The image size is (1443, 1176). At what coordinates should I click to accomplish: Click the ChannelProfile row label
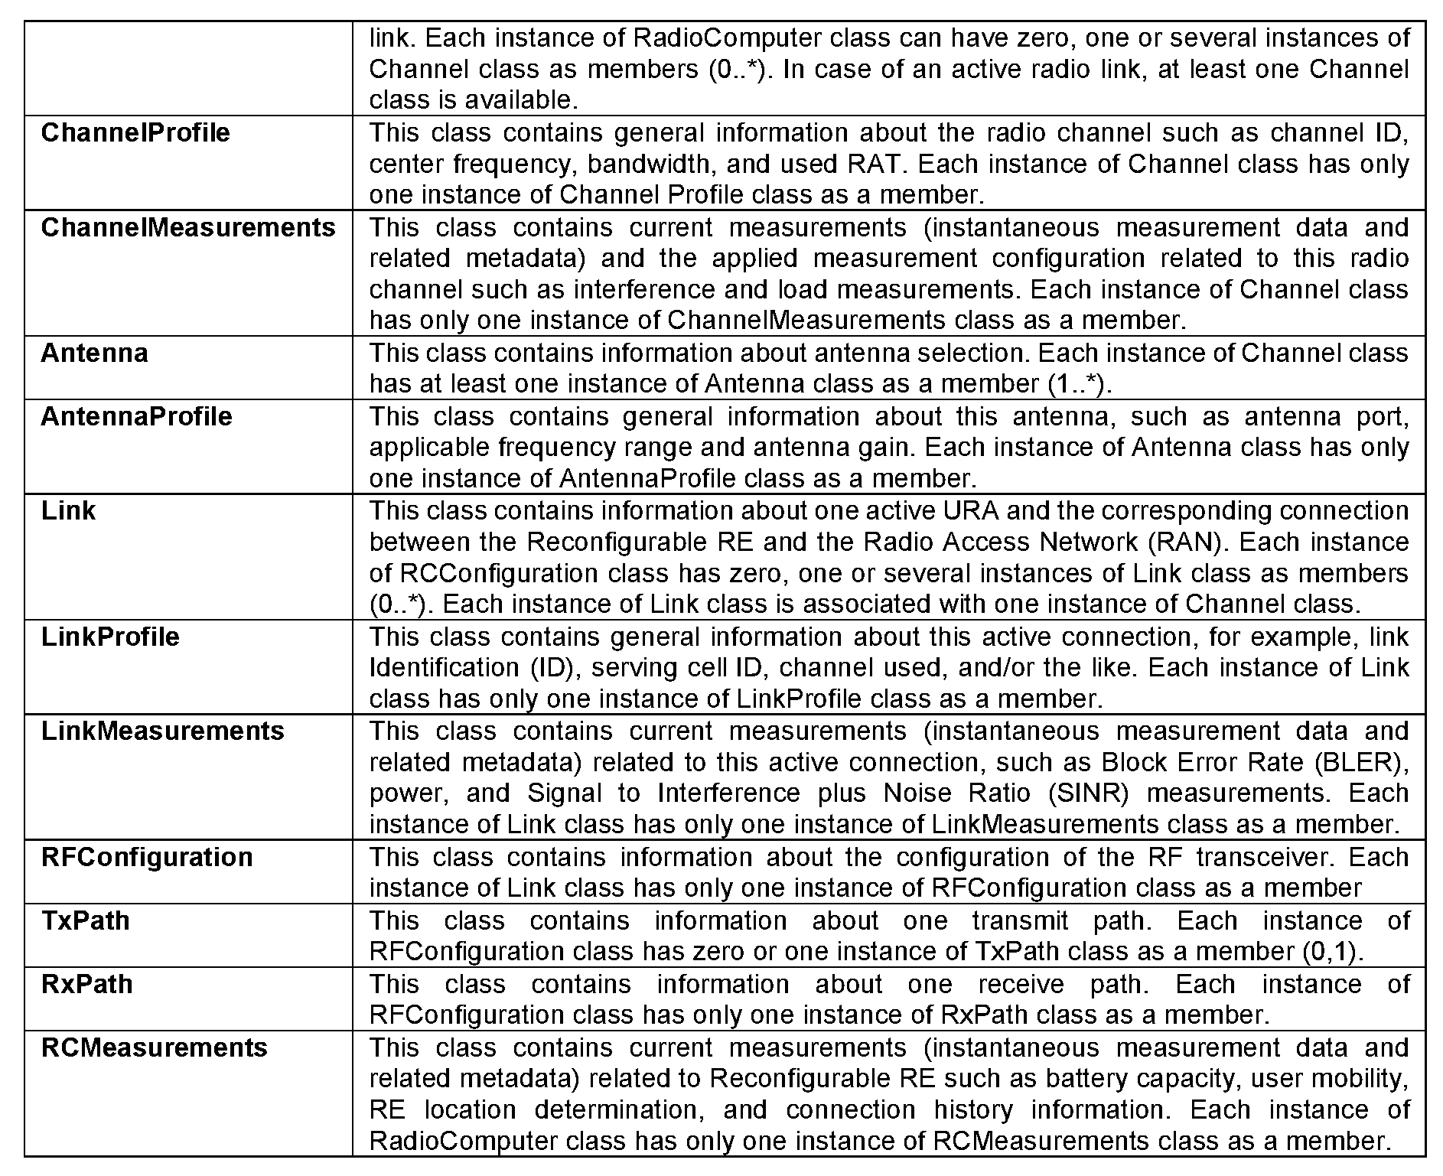(135, 132)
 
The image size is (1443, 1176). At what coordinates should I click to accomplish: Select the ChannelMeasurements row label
(188, 227)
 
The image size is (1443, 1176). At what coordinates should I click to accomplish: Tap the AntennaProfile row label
(136, 416)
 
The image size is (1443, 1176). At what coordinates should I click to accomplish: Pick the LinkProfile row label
(110, 637)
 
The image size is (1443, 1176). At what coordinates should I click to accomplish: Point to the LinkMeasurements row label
(162, 731)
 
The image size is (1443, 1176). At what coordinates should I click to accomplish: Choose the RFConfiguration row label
(147, 857)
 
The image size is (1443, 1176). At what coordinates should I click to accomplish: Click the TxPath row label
(85, 920)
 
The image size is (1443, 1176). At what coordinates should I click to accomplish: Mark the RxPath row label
(86, 984)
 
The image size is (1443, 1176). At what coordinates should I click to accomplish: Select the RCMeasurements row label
(154, 1047)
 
